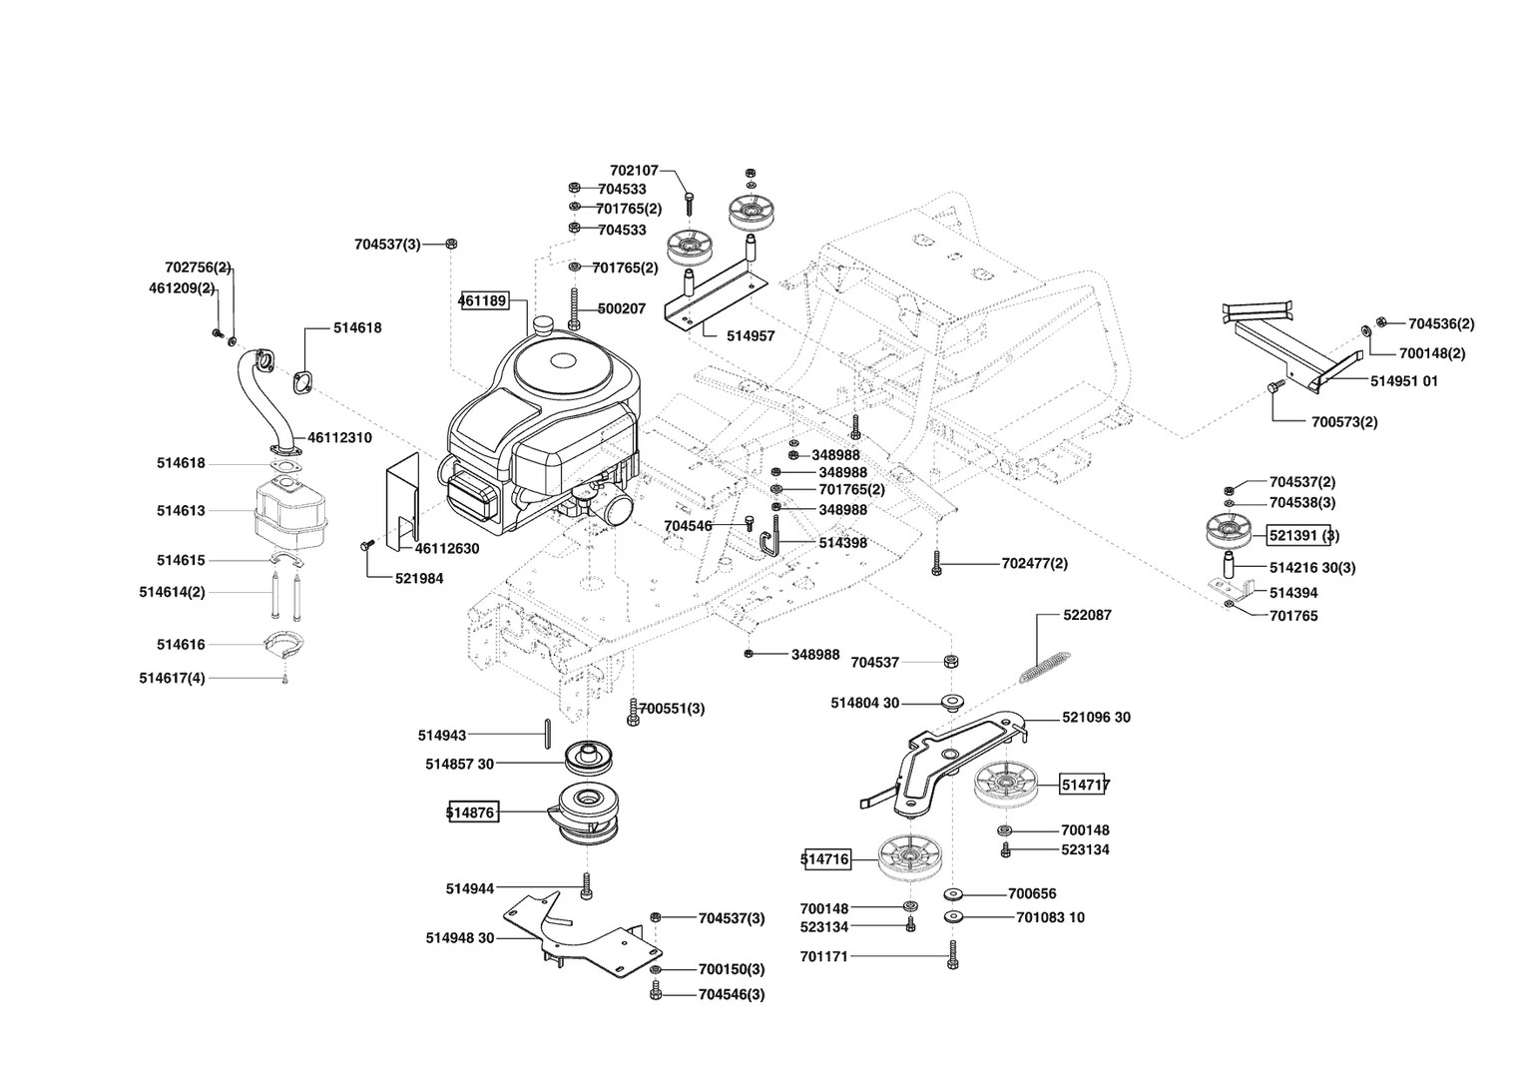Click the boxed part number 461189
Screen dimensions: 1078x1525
tap(483, 300)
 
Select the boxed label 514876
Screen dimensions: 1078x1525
tap(471, 812)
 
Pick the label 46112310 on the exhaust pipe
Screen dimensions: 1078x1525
tap(339, 437)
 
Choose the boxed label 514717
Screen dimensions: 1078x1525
tap(1085, 786)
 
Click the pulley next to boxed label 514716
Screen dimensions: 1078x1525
tap(912, 858)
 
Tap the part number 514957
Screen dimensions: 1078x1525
tap(751, 336)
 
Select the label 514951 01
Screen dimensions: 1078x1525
tap(1403, 381)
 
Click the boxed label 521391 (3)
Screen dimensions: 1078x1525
tap(1303, 536)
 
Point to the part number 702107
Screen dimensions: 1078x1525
tap(634, 171)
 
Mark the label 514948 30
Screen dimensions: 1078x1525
tap(459, 938)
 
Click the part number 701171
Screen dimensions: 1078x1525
tap(823, 956)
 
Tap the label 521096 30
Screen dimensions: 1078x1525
tap(1096, 718)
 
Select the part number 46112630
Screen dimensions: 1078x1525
tap(446, 548)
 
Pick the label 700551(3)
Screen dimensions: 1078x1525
tap(671, 709)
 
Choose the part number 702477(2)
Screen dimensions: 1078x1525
tap(1034, 564)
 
